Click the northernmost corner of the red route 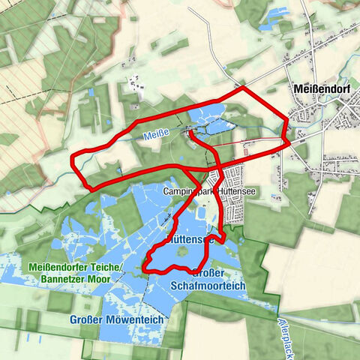pyautogui.click(x=243, y=88)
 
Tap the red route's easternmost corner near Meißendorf pyautogui.click(x=289, y=139)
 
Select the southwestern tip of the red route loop pyautogui.click(x=145, y=267)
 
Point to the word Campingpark pyautogui.click(x=184, y=192)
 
